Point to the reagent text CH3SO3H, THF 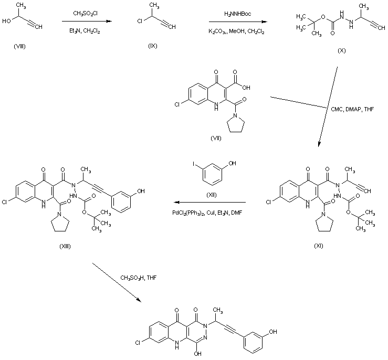click(x=138, y=277)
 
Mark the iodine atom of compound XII click(x=194, y=165)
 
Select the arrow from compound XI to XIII click(x=210, y=202)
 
